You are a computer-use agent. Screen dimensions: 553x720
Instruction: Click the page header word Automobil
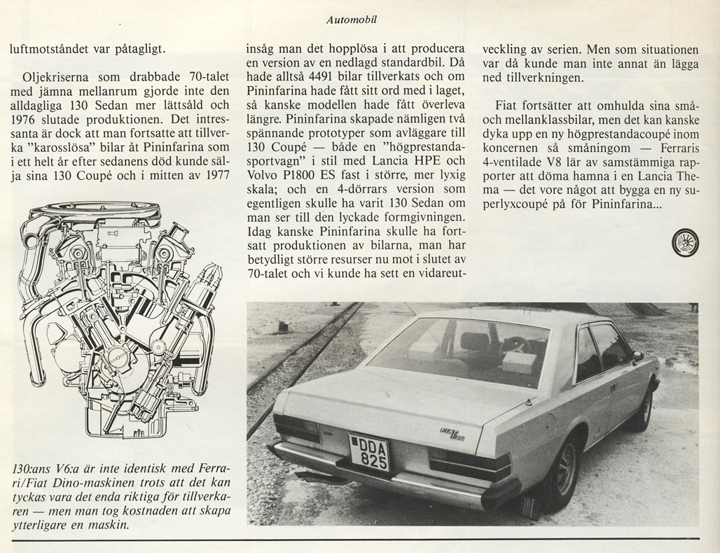[352, 20]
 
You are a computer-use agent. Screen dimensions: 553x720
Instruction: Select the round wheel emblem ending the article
[685, 242]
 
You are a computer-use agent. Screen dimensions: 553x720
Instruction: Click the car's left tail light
[296, 428]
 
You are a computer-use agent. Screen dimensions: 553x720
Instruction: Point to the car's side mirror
[637, 356]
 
